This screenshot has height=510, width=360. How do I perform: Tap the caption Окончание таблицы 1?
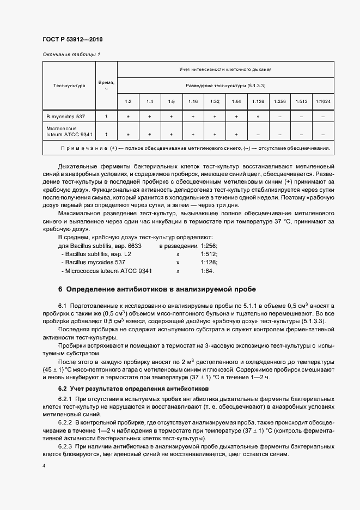point(71,54)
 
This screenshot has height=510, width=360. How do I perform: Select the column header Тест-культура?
point(69,86)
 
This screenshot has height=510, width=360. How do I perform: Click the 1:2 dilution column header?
point(128,101)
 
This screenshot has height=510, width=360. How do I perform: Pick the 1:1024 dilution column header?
point(323,101)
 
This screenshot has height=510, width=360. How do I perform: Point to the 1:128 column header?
point(258,101)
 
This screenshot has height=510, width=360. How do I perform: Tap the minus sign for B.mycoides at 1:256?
point(279,117)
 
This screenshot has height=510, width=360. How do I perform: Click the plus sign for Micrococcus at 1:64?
point(236,133)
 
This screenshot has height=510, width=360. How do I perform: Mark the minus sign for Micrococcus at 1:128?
point(258,133)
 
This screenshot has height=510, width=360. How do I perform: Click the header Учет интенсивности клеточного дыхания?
point(225,70)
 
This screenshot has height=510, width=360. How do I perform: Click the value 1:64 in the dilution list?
point(206,270)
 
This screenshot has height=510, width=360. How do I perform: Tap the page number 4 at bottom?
point(44,466)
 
